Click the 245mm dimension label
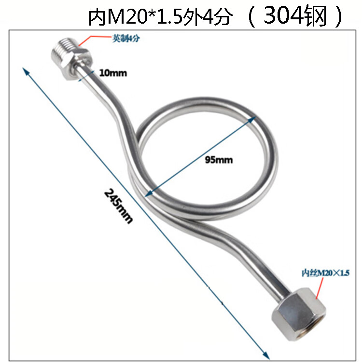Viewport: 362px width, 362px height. (118, 205)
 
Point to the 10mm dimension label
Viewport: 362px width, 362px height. (112, 73)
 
